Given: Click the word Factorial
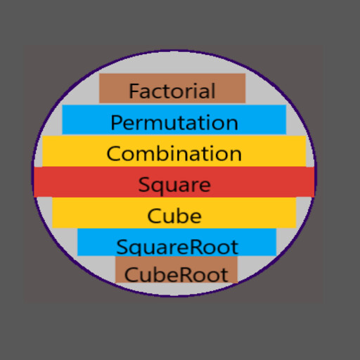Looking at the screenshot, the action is pyautogui.click(x=172, y=91).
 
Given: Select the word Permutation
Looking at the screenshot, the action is pyautogui.click(x=174, y=122).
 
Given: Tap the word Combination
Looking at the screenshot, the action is pyautogui.click(x=174, y=153).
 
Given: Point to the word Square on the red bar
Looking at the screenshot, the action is pyautogui.click(x=174, y=186).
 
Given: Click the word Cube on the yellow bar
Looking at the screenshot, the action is pyautogui.click(x=174, y=216).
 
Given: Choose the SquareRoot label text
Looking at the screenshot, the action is pyautogui.click(x=177, y=247).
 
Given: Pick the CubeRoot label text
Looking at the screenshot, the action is pyautogui.click(x=176, y=275).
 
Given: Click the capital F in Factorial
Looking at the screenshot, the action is pyautogui.click(x=134, y=91).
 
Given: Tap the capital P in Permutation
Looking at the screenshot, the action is pyautogui.click(x=117, y=122).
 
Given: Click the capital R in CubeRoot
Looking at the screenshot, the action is pyautogui.click(x=185, y=275).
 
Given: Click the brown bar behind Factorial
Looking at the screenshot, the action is pyautogui.click(x=172, y=89).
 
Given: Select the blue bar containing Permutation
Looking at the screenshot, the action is pyautogui.click(x=174, y=120).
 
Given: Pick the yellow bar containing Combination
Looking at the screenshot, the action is pyautogui.click(x=174, y=151).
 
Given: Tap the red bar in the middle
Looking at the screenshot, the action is pyautogui.click(x=174, y=182).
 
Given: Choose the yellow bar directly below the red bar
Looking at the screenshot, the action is pyautogui.click(x=174, y=212).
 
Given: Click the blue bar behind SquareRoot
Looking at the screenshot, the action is pyautogui.click(x=177, y=242).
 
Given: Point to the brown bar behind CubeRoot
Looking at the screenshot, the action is pyautogui.click(x=176, y=269).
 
